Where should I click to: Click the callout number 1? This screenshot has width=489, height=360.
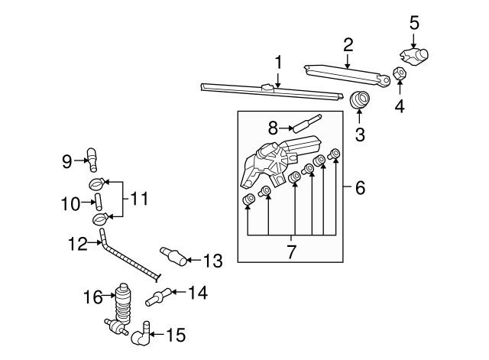pyautogui.click(x=278, y=63)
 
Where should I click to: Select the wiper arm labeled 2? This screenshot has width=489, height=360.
pyautogui.click(x=347, y=76)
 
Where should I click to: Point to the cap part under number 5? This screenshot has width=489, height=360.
pyautogui.click(x=414, y=57)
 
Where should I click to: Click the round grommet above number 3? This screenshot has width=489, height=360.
pyautogui.click(x=360, y=99)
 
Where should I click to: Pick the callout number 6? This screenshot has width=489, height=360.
pyautogui.click(x=360, y=187)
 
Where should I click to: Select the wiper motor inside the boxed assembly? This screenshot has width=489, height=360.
pyautogui.click(x=280, y=161)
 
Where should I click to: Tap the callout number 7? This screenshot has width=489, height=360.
pyautogui.click(x=291, y=251)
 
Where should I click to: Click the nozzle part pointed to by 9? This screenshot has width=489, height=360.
pyautogui.click(x=92, y=160)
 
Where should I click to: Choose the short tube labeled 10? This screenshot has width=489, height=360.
pyautogui.click(x=99, y=202)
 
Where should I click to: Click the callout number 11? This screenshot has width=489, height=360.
pyautogui.click(x=139, y=199)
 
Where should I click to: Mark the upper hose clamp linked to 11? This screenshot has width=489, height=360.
pyautogui.click(x=97, y=183)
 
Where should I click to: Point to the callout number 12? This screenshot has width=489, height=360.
pyautogui.click(x=78, y=244)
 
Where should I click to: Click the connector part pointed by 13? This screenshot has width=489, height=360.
pyautogui.click(x=173, y=256)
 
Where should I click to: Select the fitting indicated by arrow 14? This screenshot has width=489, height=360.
pyautogui.click(x=158, y=297)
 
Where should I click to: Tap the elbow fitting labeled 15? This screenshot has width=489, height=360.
pyautogui.click(x=141, y=335)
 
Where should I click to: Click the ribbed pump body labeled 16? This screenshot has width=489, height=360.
pyautogui.click(x=123, y=303)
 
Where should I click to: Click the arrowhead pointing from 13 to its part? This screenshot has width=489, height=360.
pyautogui.click(x=189, y=260)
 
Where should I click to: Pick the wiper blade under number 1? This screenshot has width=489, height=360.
pyautogui.click(x=272, y=92)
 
